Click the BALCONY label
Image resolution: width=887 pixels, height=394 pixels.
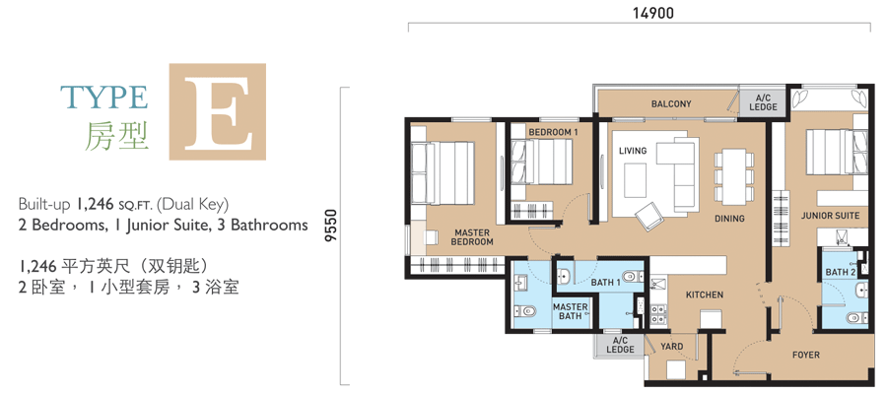[671, 103]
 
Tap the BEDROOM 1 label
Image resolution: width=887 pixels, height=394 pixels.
[553, 132]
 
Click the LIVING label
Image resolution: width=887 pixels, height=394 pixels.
[633, 151]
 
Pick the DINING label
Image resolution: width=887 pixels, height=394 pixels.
[729, 219]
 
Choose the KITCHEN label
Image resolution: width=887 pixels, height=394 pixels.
[705, 295]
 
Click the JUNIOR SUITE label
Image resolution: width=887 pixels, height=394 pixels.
[830, 216]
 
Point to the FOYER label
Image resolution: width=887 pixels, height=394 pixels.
[805, 355]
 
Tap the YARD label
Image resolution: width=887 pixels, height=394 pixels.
[671, 347]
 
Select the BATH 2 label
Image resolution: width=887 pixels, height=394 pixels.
[841, 273]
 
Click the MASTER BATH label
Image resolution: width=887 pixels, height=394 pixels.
[571, 311]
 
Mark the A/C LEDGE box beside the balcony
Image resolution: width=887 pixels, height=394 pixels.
[763, 102]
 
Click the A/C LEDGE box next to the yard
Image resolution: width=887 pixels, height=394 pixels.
[620, 346]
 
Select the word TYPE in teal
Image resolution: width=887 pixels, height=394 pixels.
[104, 98]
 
